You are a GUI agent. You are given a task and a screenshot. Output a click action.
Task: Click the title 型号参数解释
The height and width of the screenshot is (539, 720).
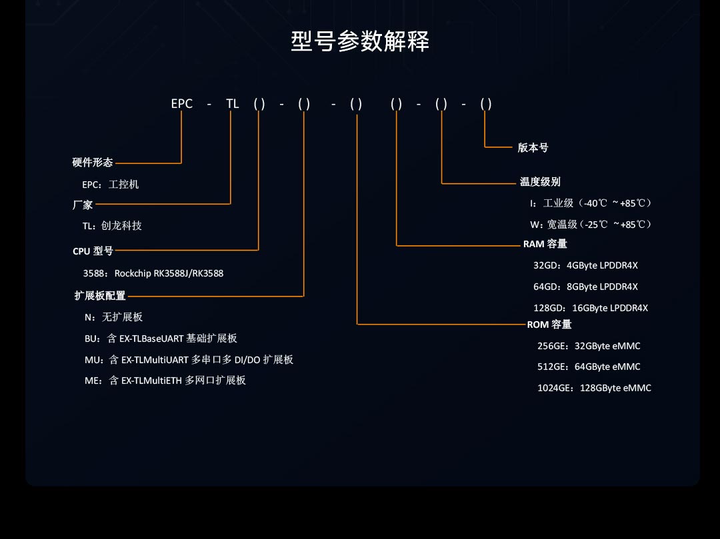[x=360, y=41]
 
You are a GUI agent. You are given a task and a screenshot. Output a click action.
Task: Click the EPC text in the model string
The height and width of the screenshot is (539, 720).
[x=182, y=104]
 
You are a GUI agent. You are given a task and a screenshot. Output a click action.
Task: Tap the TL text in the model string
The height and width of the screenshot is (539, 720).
[x=233, y=104]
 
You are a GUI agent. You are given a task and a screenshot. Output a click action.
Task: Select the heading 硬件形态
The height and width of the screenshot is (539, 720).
[x=92, y=163]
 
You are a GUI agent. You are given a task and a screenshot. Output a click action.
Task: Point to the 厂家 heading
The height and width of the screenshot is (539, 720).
[x=83, y=205]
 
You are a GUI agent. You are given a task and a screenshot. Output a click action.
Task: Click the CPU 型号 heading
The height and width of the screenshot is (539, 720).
[x=93, y=251]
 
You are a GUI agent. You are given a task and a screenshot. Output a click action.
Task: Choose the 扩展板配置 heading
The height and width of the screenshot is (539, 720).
[x=99, y=295]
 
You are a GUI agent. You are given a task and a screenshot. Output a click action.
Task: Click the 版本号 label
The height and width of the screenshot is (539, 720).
[x=533, y=148]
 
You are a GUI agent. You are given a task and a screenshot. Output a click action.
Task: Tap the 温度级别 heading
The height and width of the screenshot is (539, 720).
[x=540, y=182]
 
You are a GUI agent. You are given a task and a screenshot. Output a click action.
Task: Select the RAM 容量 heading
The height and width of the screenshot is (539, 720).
[x=545, y=244]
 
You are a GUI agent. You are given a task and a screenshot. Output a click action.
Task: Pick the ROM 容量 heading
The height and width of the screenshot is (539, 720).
[x=549, y=324]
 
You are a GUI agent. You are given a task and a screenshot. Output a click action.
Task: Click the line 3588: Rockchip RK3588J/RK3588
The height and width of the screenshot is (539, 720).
[x=153, y=273]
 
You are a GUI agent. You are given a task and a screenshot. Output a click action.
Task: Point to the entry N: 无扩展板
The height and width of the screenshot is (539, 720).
[x=113, y=317]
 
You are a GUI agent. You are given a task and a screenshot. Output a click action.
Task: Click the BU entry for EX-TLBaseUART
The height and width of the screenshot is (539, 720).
[x=161, y=338]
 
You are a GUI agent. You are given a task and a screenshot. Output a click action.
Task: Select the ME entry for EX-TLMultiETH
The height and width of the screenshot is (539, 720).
[x=165, y=380]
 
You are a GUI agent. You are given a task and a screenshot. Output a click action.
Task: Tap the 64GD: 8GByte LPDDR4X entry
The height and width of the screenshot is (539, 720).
[x=585, y=286]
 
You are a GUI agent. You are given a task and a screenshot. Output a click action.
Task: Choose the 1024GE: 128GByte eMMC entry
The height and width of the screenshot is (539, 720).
[x=594, y=388]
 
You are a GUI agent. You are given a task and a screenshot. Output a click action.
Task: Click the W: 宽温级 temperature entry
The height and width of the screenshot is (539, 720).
[x=591, y=225]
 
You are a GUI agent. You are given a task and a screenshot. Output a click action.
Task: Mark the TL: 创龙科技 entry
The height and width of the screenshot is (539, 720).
[x=112, y=226]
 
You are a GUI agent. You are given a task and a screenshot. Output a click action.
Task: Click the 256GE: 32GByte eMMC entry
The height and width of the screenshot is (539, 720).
[x=589, y=346]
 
